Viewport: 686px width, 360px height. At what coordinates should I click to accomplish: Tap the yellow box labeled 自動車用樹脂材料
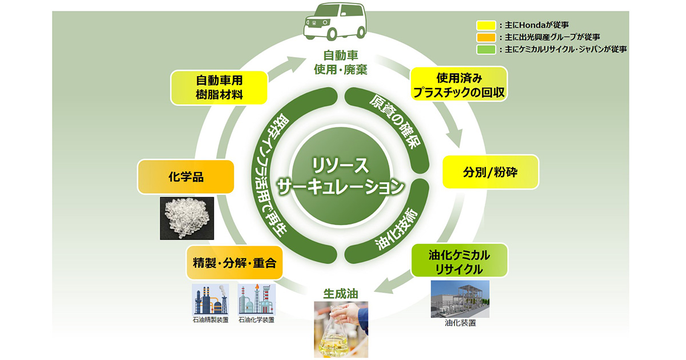[x=220, y=87]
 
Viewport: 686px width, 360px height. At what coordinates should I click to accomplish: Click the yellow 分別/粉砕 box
[x=490, y=171]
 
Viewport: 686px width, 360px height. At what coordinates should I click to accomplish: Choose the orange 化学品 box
[x=186, y=177]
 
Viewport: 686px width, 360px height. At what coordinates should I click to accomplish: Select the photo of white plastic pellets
[x=186, y=219]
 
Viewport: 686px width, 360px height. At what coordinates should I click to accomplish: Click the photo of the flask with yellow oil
[x=341, y=329]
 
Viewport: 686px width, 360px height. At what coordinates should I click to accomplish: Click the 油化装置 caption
[x=460, y=323]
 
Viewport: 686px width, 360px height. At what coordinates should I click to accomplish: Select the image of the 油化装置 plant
[x=460, y=299]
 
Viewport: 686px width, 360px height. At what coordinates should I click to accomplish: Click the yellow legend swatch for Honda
[x=486, y=25]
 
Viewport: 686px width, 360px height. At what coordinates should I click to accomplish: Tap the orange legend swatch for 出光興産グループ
[x=486, y=37]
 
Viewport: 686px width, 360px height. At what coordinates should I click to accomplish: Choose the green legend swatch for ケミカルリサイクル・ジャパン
[x=486, y=49]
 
